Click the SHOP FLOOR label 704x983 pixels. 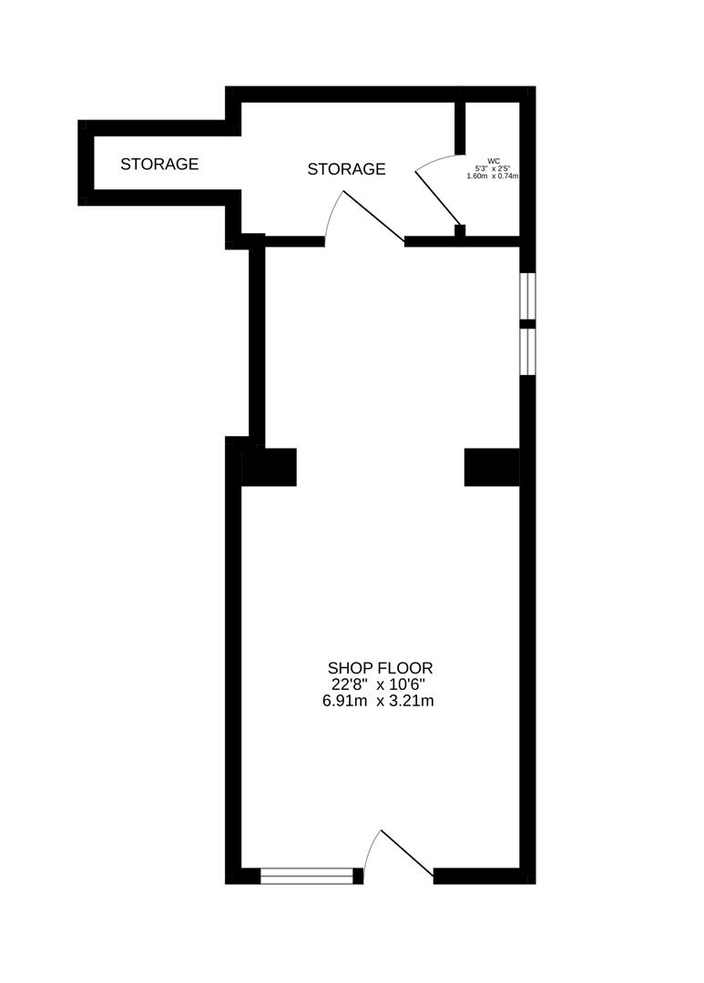(x=380, y=668)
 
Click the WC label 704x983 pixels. (x=494, y=161)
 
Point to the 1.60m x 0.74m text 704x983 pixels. (x=492, y=176)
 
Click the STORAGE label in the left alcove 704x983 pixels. (x=159, y=164)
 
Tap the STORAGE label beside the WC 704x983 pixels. (x=346, y=168)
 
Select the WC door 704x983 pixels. (x=438, y=197)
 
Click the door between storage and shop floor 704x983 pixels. (x=372, y=217)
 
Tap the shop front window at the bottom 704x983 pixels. (x=306, y=877)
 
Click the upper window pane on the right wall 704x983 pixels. (x=527, y=295)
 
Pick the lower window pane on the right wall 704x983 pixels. (x=527, y=351)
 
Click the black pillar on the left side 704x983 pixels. (x=270, y=467)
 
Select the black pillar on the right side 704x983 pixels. (x=492, y=467)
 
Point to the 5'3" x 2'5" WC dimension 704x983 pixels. (x=492, y=168)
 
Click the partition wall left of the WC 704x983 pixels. (x=460, y=127)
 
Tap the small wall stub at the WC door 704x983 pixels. (x=460, y=230)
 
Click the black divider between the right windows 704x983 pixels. (x=527, y=323)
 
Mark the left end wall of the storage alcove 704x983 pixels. (x=86, y=162)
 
